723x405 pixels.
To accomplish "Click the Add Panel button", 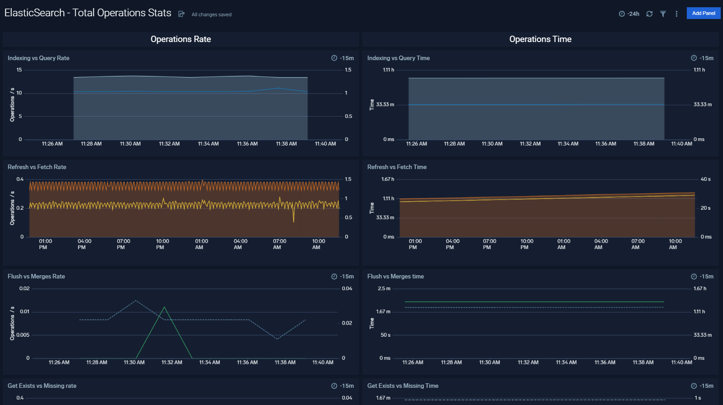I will tap(703, 13).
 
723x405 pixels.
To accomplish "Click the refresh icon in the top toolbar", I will tap(649, 14).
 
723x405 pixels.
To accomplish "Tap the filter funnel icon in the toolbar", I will tap(663, 14).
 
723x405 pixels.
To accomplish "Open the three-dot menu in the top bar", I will tap(676, 14).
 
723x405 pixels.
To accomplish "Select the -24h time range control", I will tap(629, 14).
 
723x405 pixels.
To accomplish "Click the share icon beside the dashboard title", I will tap(181, 14).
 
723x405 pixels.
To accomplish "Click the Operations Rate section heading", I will tap(181, 39).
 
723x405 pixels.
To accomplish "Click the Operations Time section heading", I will tap(540, 39).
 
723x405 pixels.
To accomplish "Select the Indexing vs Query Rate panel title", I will tap(38, 58).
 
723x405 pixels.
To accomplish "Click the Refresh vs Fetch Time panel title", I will tap(397, 167).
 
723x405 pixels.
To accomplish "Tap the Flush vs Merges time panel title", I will tap(395, 276).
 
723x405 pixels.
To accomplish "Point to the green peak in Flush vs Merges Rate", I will tap(164, 307).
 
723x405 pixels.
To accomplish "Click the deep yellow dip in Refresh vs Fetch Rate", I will tap(294, 221).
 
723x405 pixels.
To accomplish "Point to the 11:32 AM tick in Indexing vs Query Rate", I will tap(169, 144).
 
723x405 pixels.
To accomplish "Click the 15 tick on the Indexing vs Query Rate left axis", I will tap(19, 70).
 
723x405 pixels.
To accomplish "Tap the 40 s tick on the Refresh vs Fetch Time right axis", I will tap(705, 179).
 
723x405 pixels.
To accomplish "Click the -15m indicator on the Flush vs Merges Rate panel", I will tap(343, 276).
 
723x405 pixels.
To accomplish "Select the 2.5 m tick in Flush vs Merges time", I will tap(384, 288).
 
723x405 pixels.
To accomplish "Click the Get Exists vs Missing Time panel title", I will tap(403, 386).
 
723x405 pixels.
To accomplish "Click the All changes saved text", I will tap(211, 14).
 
